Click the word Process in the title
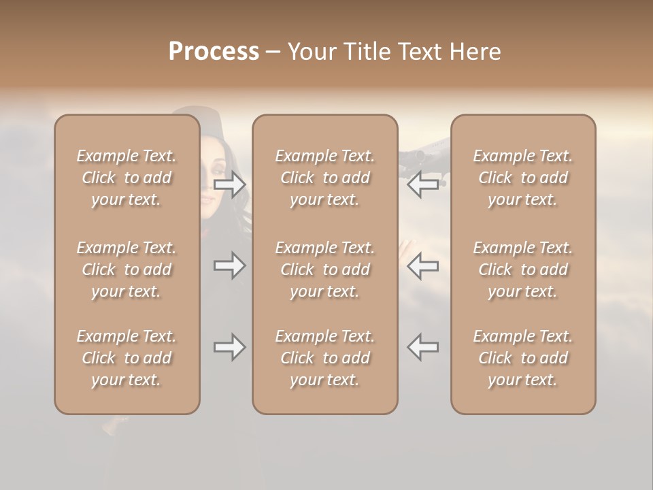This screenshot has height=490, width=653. [x=214, y=52]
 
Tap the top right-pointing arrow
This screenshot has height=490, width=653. [x=229, y=184]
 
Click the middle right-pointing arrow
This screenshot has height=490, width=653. [x=229, y=265]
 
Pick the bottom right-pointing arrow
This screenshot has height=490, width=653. [x=229, y=348]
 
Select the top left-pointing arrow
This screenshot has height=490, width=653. [x=422, y=184]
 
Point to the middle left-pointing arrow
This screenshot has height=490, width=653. [x=422, y=265]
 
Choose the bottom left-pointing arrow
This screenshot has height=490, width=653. [x=422, y=348]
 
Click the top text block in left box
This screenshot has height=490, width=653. [x=127, y=178]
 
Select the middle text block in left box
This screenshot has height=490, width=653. [x=127, y=269]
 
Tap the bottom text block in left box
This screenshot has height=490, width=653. [x=127, y=358]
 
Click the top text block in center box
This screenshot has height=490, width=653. [x=324, y=178]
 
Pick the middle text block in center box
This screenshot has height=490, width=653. [x=324, y=269]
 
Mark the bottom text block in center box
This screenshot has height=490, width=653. [x=324, y=358]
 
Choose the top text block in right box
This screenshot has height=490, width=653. [x=522, y=178]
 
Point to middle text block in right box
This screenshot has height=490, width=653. [x=522, y=269]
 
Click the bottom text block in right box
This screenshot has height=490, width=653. [x=522, y=358]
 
